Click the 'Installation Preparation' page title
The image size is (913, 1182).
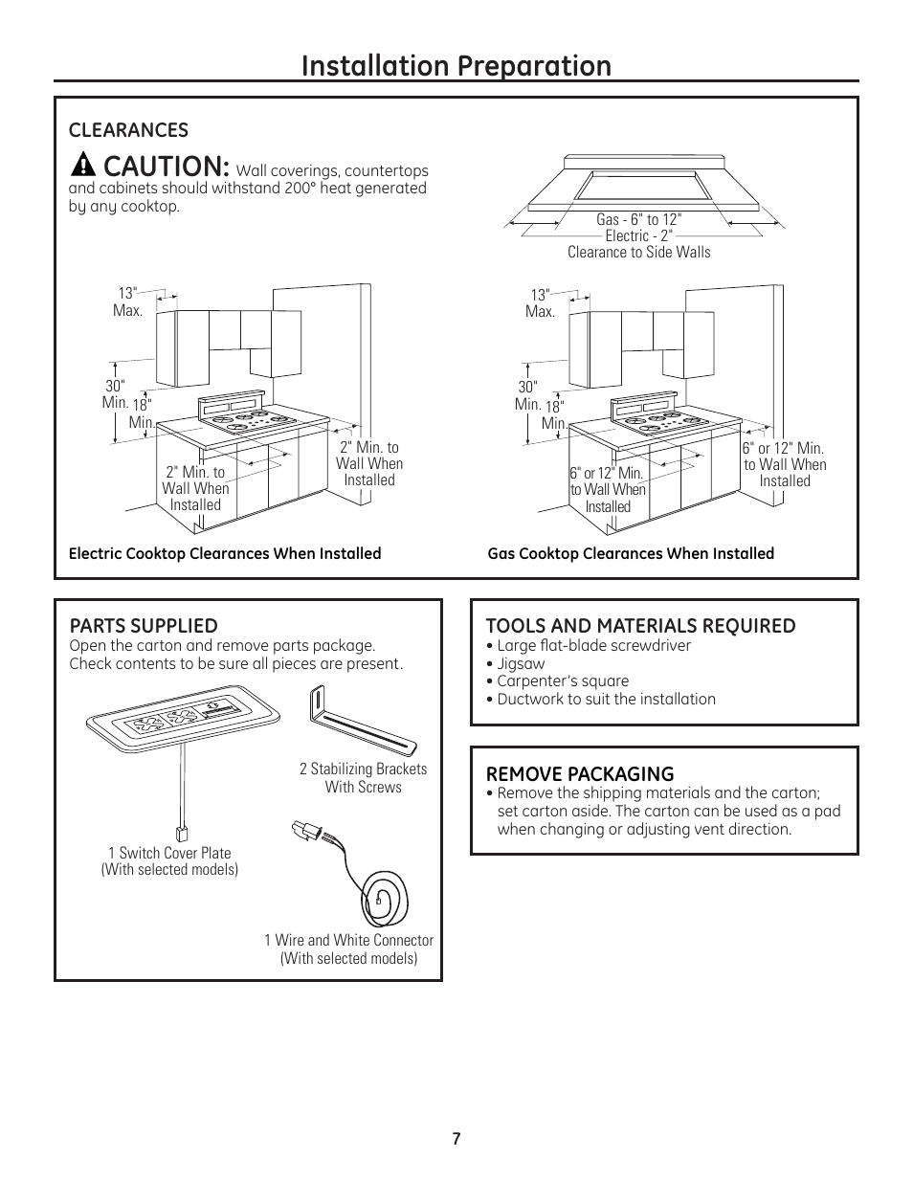point(456,66)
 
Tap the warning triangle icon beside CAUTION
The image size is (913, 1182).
point(84,165)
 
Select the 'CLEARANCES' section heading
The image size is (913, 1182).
point(127,130)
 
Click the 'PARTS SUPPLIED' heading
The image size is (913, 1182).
point(144,626)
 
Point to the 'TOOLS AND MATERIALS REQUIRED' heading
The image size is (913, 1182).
point(640,626)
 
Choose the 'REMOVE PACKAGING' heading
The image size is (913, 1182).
point(579,774)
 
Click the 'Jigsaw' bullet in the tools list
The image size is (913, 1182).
point(521,663)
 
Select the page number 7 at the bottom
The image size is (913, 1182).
point(456,1139)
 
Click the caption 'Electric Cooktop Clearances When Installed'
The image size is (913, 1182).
point(225,553)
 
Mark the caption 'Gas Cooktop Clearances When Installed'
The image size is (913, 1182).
point(631,553)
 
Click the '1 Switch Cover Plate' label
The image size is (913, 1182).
point(169,853)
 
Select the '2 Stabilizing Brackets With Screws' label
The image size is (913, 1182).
point(363,777)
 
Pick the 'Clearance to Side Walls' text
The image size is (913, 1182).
point(638,252)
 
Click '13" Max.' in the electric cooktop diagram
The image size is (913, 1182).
point(129,302)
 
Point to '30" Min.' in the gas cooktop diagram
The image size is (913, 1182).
point(528,395)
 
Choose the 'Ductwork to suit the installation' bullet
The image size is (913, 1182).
point(606,700)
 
